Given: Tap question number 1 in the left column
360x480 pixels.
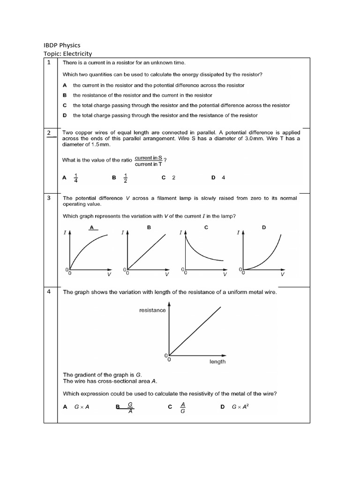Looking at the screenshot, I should (x=49, y=62).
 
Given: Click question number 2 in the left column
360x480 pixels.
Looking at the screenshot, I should (x=49, y=133).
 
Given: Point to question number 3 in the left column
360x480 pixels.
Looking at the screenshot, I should (x=49, y=198).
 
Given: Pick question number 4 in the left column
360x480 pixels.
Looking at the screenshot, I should (x=49, y=292).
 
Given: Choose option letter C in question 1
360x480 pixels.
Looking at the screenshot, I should (x=65, y=105).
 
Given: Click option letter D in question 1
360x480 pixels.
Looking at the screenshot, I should (x=65, y=115).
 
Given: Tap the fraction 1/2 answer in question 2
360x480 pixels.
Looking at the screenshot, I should (x=125, y=178).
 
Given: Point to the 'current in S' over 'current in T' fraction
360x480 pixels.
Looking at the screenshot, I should (x=148, y=161).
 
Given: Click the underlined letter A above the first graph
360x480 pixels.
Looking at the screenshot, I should (x=92, y=227).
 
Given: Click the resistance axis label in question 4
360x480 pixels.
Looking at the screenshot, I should (x=152, y=310).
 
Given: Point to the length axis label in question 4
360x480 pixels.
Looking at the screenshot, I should (x=217, y=361).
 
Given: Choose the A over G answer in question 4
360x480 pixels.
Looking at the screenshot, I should (x=183, y=407).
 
